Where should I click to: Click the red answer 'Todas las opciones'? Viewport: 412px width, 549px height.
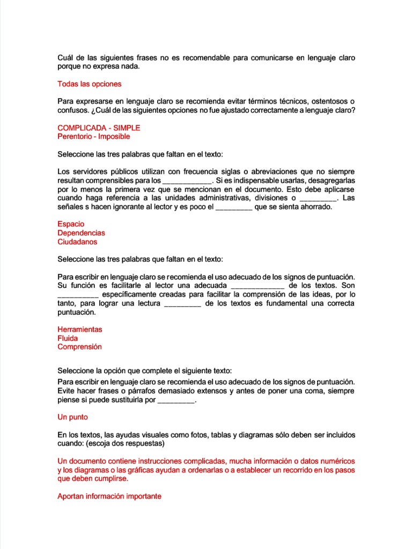click(89, 84)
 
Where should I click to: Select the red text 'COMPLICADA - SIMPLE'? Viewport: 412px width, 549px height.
click(99, 128)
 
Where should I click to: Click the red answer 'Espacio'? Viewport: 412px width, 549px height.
click(71, 224)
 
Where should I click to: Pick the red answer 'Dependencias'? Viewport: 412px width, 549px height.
click(81, 233)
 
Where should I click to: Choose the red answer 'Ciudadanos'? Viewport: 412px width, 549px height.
click(77, 242)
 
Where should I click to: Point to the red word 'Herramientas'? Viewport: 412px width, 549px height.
click(79, 329)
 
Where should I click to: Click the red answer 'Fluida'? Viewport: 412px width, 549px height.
click(68, 338)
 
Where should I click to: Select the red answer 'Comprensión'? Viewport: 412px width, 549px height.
click(79, 347)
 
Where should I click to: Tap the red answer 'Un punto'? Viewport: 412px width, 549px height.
click(72, 417)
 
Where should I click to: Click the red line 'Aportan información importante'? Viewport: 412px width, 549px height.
click(109, 496)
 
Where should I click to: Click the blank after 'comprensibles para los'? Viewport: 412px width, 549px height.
click(187, 181)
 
